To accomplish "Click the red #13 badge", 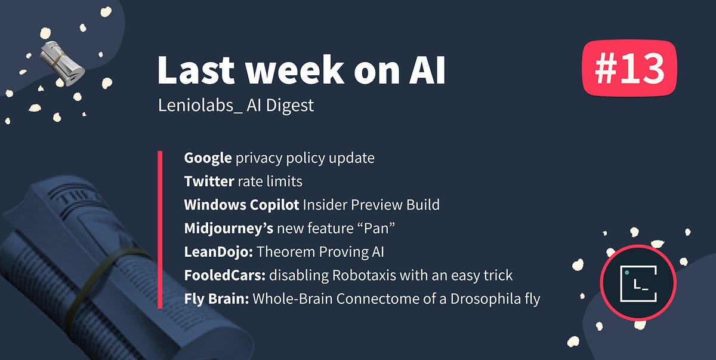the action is (x=629, y=68).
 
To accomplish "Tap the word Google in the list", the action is (x=208, y=158).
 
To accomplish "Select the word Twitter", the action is (x=209, y=181).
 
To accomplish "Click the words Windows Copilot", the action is (x=241, y=205).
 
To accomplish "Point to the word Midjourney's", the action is (x=229, y=229).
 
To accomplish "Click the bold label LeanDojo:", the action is (x=218, y=252).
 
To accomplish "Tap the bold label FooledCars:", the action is (x=225, y=275).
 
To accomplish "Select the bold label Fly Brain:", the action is (x=217, y=299).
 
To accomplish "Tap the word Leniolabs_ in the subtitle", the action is (x=200, y=105).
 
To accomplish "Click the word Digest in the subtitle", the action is (x=289, y=106).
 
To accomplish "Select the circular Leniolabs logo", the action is (x=638, y=283).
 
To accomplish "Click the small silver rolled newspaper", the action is (x=61, y=63).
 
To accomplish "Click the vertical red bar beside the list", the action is (x=160, y=230).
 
